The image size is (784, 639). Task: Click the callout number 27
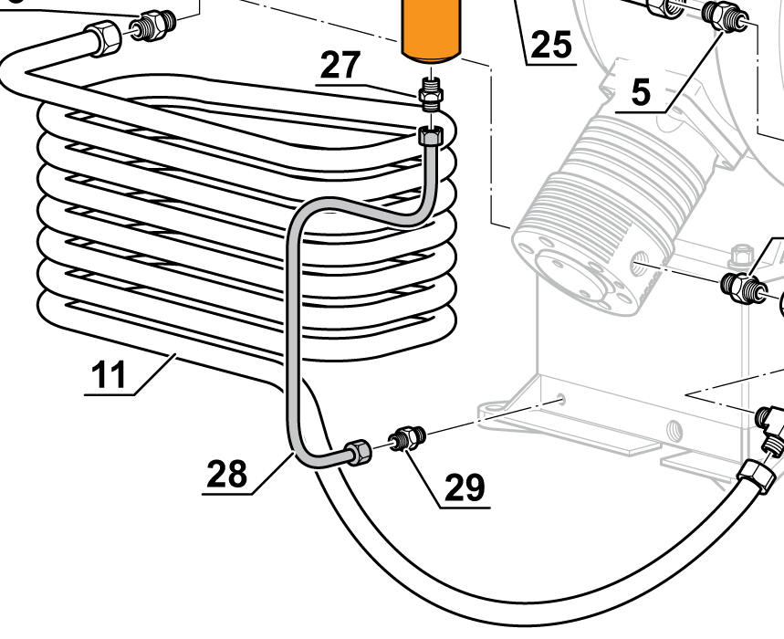[x=340, y=66]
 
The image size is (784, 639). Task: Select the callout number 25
[x=551, y=44]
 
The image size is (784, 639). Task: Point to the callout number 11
[x=110, y=375]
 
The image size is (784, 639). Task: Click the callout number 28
[x=227, y=473]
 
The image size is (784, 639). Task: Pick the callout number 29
[x=465, y=487]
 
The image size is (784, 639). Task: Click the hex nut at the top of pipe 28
[x=430, y=137]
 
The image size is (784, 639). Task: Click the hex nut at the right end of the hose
[x=757, y=475]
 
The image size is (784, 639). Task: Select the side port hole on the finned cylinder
[x=642, y=266]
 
